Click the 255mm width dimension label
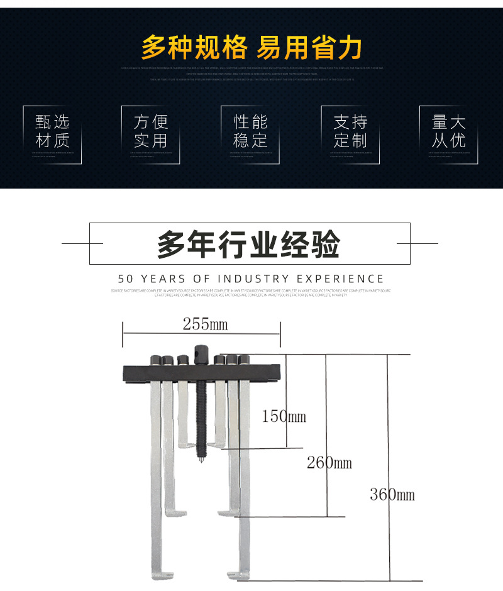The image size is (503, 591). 205,324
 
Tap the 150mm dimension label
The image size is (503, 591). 284,416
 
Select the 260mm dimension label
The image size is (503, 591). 329,463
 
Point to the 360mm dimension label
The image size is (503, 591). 392,495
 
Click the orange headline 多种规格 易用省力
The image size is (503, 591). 251,48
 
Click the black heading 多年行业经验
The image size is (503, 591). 249,244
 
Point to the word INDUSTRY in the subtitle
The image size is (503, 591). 253,279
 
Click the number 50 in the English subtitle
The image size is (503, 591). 126,279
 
